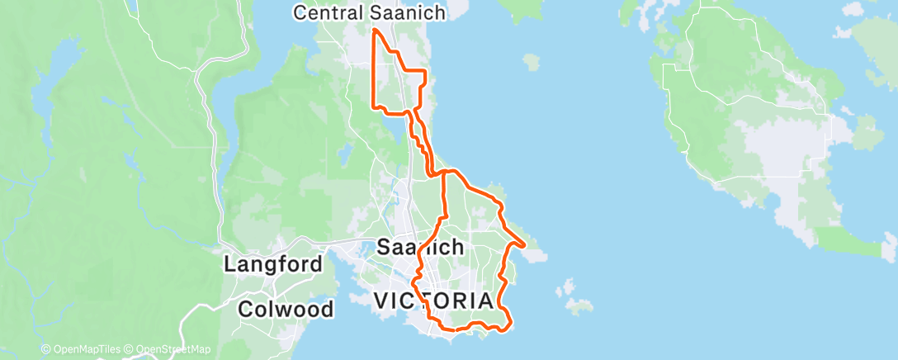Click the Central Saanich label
point(371,12)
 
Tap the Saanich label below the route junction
point(420,246)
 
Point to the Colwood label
point(286,310)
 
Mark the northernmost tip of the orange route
point(376,31)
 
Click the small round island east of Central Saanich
point(532,61)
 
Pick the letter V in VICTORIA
point(382,301)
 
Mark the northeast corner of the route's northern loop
point(425,73)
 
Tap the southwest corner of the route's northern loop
point(376,107)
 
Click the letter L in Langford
point(230,265)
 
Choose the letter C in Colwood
point(245,310)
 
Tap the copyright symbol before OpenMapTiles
point(45,350)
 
